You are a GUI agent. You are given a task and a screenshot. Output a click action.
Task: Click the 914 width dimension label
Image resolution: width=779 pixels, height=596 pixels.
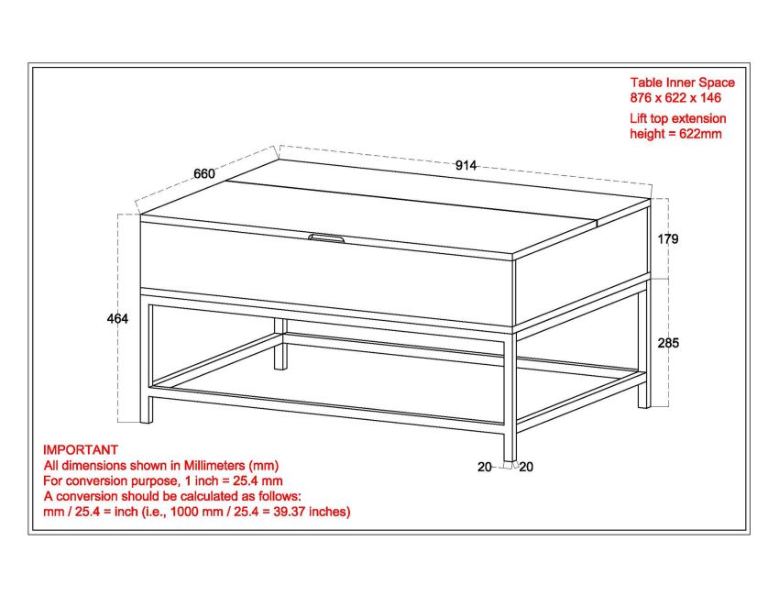(466, 165)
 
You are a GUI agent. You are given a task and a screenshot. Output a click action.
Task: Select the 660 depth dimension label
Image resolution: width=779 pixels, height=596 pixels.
(203, 173)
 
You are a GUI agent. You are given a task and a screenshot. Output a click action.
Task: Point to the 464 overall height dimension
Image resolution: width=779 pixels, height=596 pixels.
(117, 319)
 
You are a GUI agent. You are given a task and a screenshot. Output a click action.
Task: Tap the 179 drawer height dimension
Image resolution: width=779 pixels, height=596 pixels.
(670, 239)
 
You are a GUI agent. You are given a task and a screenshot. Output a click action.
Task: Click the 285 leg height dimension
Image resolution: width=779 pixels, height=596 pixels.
(670, 343)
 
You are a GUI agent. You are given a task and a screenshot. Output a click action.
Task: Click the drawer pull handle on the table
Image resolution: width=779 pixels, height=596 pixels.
(327, 238)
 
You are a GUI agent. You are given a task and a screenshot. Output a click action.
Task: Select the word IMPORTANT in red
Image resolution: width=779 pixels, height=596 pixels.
(81, 450)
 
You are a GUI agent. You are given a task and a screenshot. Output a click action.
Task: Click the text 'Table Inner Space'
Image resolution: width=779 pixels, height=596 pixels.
(682, 83)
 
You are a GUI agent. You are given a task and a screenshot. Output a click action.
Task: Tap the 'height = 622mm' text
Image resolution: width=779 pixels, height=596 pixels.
(676, 134)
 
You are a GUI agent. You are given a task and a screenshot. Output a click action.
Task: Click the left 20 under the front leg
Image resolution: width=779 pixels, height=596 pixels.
(484, 467)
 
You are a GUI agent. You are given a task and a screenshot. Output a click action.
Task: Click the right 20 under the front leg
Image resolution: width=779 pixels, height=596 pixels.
(526, 467)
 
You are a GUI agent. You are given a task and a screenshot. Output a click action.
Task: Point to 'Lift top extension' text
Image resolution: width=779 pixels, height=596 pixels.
(678, 118)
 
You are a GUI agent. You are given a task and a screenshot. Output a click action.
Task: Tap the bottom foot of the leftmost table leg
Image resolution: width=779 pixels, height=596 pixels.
(147, 418)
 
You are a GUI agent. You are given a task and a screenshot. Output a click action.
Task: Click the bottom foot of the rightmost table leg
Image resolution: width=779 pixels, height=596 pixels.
(643, 403)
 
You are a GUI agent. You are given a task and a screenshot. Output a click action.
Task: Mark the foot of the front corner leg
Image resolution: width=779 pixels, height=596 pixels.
(510, 456)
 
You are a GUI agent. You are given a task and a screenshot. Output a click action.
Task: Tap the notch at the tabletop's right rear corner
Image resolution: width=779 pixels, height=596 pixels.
(601, 219)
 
